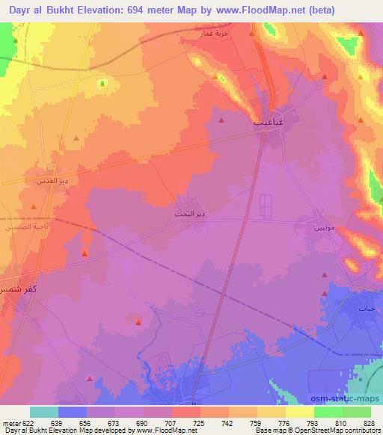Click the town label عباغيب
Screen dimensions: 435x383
(268, 120)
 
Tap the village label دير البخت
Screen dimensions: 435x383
(190, 214)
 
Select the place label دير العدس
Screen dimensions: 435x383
(53, 181)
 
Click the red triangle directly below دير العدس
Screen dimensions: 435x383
(33, 207)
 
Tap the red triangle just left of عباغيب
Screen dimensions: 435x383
(221, 120)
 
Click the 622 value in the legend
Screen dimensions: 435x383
(22, 422)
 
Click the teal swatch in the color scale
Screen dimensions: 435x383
(44, 412)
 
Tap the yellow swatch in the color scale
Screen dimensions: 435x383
(300, 412)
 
